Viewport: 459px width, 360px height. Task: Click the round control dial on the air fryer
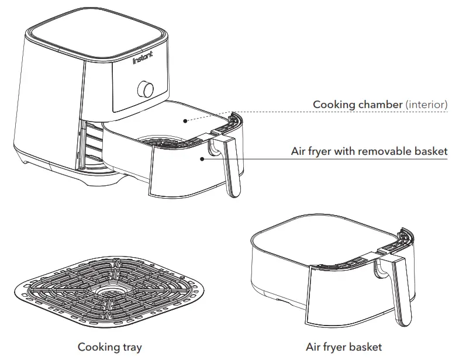146,89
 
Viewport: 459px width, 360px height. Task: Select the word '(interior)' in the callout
427,105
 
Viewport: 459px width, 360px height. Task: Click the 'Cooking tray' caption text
110,347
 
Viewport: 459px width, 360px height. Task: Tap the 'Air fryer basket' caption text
344,347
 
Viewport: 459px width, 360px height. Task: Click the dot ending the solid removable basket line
202,158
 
